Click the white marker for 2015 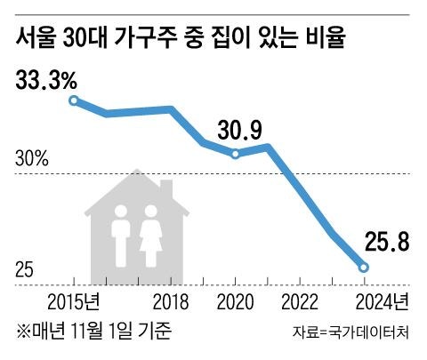point(74,101)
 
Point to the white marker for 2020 point(236,154)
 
